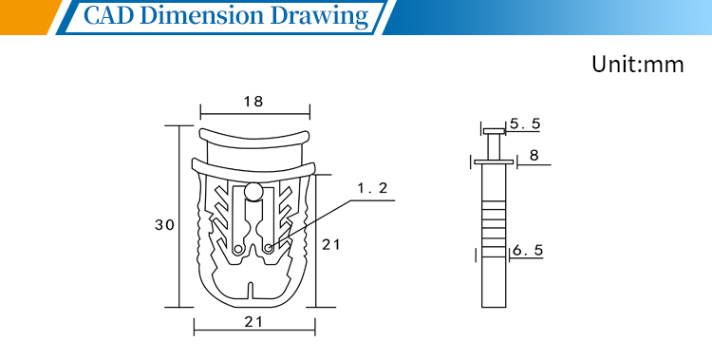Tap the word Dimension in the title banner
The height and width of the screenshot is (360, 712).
pyautogui.click(x=204, y=15)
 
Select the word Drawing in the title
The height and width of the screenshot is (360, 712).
pyautogui.click(x=320, y=17)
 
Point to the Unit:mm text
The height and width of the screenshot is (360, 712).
pyautogui.click(x=638, y=64)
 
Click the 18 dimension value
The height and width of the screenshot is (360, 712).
pyautogui.click(x=253, y=102)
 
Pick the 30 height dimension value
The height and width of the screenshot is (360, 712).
pyautogui.click(x=164, y=225)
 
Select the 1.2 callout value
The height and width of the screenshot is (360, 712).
pyautogui.click(x=373, y=188)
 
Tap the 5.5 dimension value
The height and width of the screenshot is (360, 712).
pyautogui.click(x=525, y=123)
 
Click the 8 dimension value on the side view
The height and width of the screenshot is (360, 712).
pyautogui.click(x=534, y=156)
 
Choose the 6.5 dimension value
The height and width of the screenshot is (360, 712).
pyautogui.click(x=528, y=251)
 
